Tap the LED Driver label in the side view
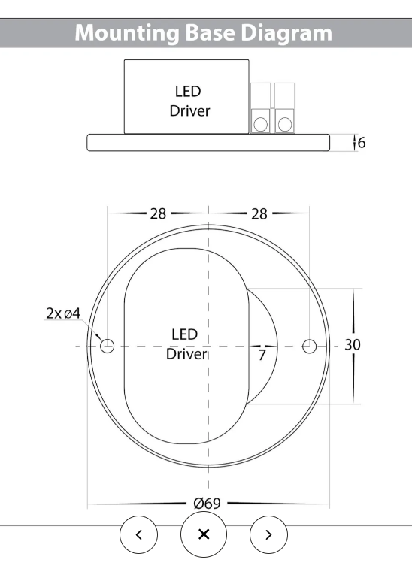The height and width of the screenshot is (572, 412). [188, 101]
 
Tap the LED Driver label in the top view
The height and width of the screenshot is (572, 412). [185, 344]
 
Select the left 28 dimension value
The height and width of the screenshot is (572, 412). [157, 213]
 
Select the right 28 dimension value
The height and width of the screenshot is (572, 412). [259, 213]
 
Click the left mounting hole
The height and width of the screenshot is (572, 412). [108, 346]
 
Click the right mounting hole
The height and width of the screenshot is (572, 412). [308, 346]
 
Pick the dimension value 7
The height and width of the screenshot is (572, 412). [262, 356]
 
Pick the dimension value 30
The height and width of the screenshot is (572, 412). [353, 345]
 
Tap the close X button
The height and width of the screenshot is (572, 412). [203, 534]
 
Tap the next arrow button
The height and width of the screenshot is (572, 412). [268, 534]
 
